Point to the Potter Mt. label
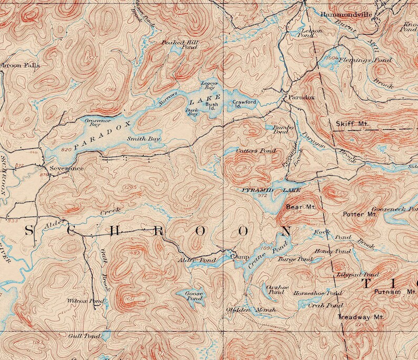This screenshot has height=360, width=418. click(x=360, y=214)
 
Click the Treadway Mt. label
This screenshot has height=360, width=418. click(x=361, y=317)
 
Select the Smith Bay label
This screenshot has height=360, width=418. click(x=143, y=139)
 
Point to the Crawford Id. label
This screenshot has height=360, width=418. click(x=245, y=104)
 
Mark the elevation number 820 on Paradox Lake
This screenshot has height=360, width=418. click(x=66, y=150)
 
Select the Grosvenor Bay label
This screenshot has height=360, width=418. click(x=93, y=123)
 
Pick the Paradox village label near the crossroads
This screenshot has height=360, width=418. click(x=301, y=98)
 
